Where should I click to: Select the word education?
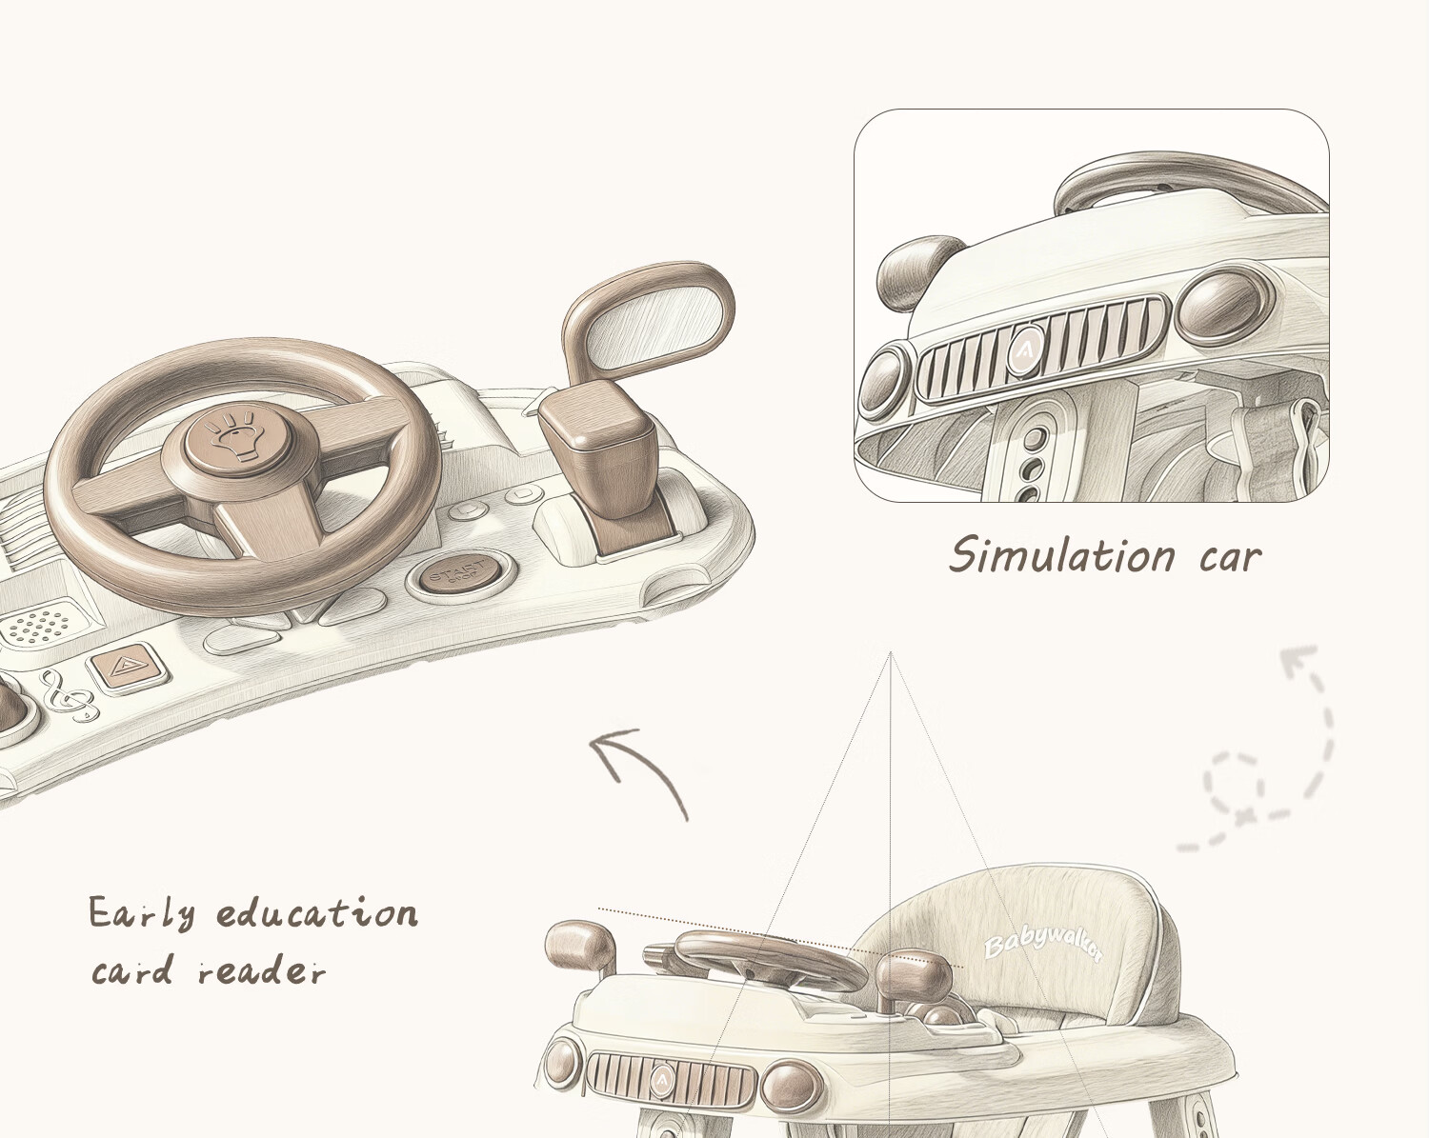click(x=316, y=914)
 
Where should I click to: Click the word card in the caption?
click(x=132, y=972)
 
